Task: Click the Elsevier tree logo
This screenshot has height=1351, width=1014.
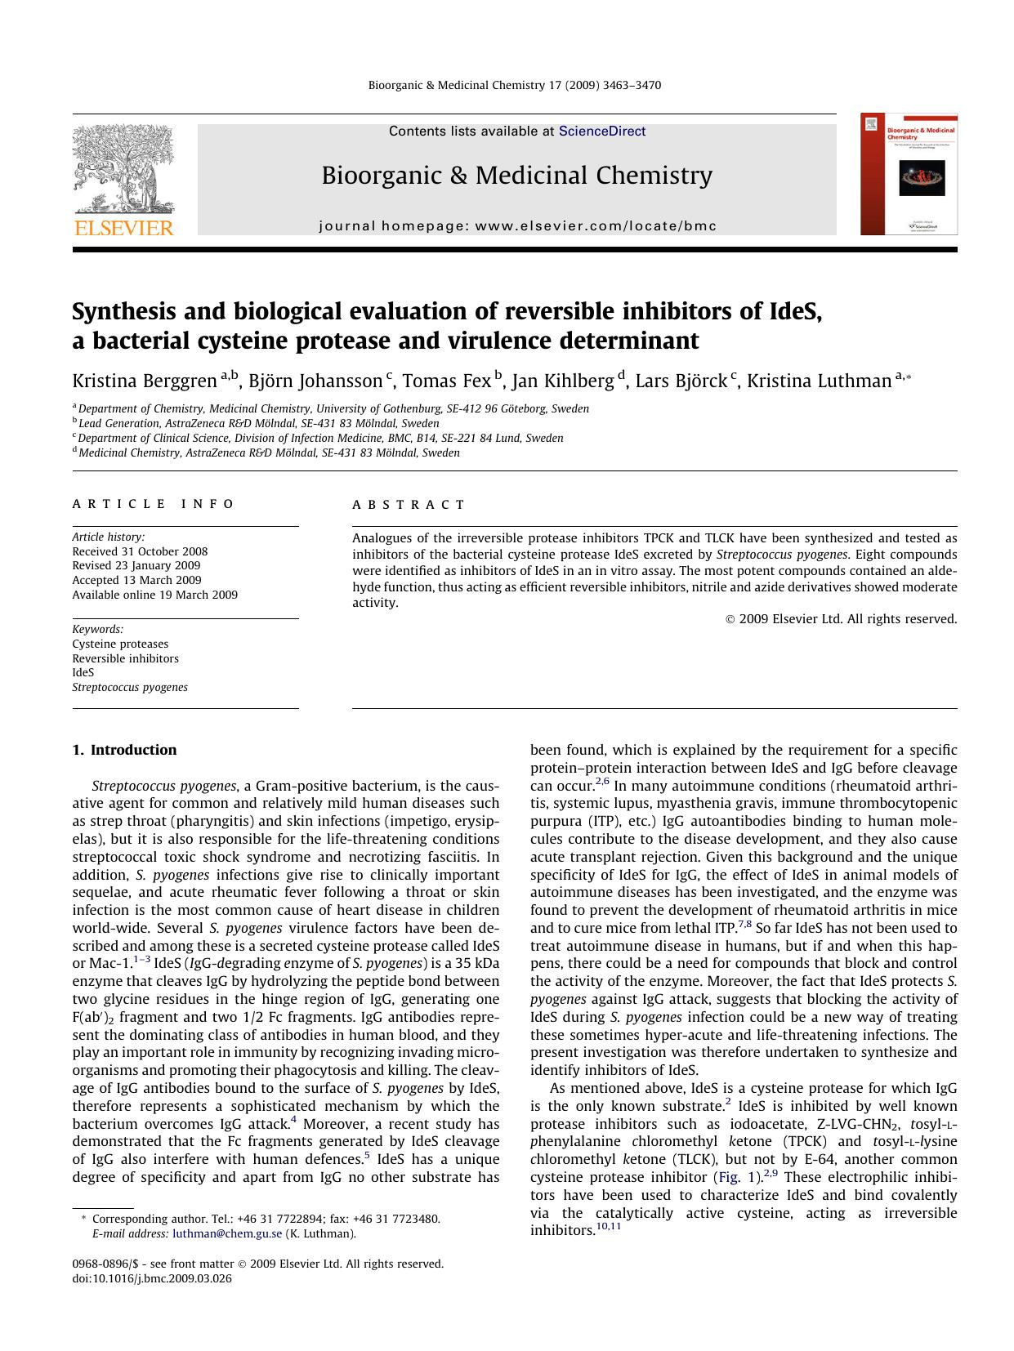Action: tap(123, 169)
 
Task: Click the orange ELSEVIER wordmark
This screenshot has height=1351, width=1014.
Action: tap(123, 228)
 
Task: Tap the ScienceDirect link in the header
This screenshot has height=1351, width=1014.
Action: tap(602, 132)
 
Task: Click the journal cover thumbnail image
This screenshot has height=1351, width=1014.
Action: tap(909, 175)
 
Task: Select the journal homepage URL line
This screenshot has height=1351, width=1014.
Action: tap(517, 226)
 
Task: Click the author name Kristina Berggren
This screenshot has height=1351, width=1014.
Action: tap(145, 381)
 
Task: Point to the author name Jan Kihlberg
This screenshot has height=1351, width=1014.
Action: tap(563, 381)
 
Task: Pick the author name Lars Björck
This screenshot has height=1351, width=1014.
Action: tap(681, 381)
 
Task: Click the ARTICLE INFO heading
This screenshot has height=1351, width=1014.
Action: tap(154, 505)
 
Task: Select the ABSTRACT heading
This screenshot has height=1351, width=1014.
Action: tap(409, 505)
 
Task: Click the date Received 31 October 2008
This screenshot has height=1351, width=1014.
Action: tap(140, 551)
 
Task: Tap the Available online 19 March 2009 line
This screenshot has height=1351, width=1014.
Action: tap(154, 595)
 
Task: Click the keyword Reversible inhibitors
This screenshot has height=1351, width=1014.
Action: tap(125, 658)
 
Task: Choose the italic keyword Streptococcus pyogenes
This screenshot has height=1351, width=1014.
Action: tap(130, 687)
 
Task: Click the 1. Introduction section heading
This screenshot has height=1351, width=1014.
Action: tap(124, 750)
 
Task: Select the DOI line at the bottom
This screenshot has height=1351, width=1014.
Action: tap(152, 1278)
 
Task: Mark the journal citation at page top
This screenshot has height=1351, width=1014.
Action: tap(515, 85)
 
